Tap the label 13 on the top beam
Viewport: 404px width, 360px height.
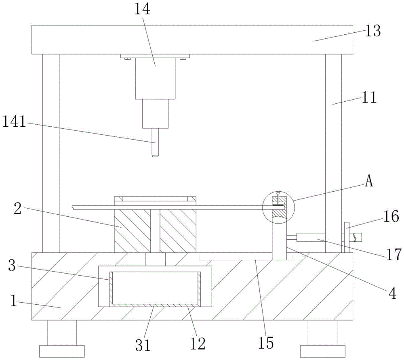pyautogui.click(x=372, y=31)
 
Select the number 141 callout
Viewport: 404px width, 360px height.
pyautogui.click(x=14, y=121)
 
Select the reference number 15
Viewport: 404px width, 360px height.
pyautogui.click(x=267, y=343)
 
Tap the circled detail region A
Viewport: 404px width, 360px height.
pyautogui.click(x=278, y=207)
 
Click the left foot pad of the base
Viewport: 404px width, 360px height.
pyautogui.click(x=62, y=351)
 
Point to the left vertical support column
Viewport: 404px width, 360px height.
pyautogui.click(x=51, y=153)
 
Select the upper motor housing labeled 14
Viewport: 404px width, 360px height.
pyautogui.click(x=155, y=78)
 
